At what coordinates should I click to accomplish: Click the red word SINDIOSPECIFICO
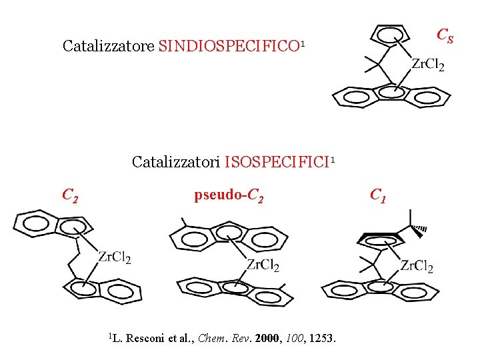(x=229, y=46)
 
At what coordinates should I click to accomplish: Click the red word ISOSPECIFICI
(x=277, y=162)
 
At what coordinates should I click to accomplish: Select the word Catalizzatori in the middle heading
(x=176, y=162)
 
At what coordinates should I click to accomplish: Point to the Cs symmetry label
(x=445, y=35)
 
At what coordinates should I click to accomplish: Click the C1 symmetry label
(x=377, y=195)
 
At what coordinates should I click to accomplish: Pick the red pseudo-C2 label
(x=229, y=196)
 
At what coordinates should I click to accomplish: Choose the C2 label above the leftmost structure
(x=70, y=195)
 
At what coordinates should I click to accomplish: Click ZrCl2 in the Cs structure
(x=427, y=65)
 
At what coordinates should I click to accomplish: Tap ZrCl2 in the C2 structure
(x=114, y=258)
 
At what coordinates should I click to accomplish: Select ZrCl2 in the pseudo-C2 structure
(x=262, y=265)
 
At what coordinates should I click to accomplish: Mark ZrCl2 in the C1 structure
(x=416, y=267)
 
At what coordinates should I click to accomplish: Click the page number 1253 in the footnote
(x=323, y=339)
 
